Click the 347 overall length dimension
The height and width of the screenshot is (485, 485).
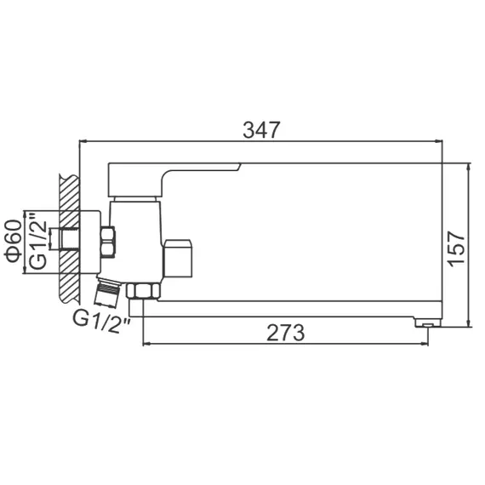261,130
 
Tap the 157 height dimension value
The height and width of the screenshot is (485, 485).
457,246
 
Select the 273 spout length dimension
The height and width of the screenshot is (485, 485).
285,333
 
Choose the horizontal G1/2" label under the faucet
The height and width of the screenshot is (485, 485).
101,320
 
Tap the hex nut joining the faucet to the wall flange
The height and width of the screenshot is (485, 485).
108,242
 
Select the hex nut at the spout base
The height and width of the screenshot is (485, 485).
142,290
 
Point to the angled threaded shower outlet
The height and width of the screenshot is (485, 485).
107,291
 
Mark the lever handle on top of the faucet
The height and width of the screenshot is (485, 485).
170,177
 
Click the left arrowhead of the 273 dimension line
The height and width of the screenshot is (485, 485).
146,344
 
